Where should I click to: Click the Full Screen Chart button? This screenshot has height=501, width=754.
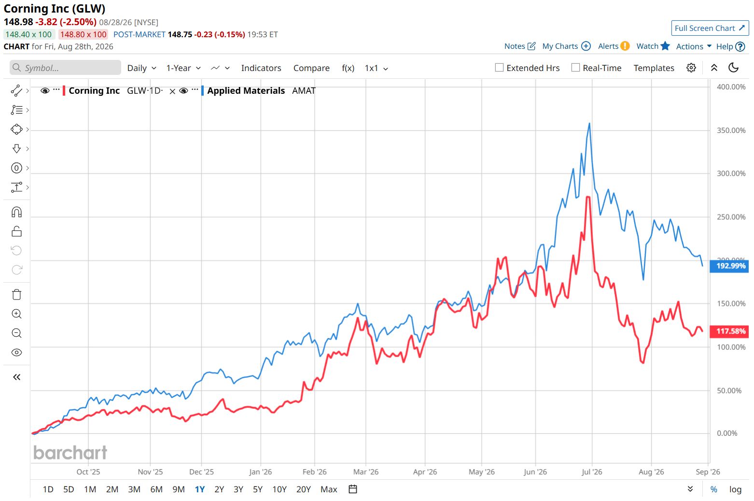pos(710,28)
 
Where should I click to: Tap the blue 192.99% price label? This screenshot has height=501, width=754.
pos(729,266)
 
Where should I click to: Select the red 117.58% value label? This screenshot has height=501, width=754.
pos(729,331)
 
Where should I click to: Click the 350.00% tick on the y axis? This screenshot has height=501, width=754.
pos(731,130)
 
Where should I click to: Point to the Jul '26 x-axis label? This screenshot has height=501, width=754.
pos(591,472)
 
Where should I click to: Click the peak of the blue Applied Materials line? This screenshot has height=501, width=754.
pos(589,123)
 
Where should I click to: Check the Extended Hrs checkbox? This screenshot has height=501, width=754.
pos(499,68)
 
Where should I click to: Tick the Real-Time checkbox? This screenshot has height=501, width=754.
pos(575,68)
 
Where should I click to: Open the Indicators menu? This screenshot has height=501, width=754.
pos(261,68)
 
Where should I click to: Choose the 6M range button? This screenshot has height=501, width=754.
pos(156,489)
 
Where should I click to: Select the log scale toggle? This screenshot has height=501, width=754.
pos(735,489)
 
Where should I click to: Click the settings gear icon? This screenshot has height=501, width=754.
pos(691,68)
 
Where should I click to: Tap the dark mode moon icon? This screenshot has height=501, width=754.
pos(733,68)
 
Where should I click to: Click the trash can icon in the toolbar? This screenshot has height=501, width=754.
pos(16,295)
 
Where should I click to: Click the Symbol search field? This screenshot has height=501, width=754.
pos(65,68)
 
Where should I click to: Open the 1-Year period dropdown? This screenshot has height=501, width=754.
pos(183,68)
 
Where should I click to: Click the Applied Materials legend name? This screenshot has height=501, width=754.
pos(246,91)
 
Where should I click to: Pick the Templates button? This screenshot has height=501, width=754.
pos(654,68)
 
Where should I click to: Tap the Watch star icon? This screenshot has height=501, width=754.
pos(665,46)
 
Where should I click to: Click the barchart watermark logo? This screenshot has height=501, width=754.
pos(70,453)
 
